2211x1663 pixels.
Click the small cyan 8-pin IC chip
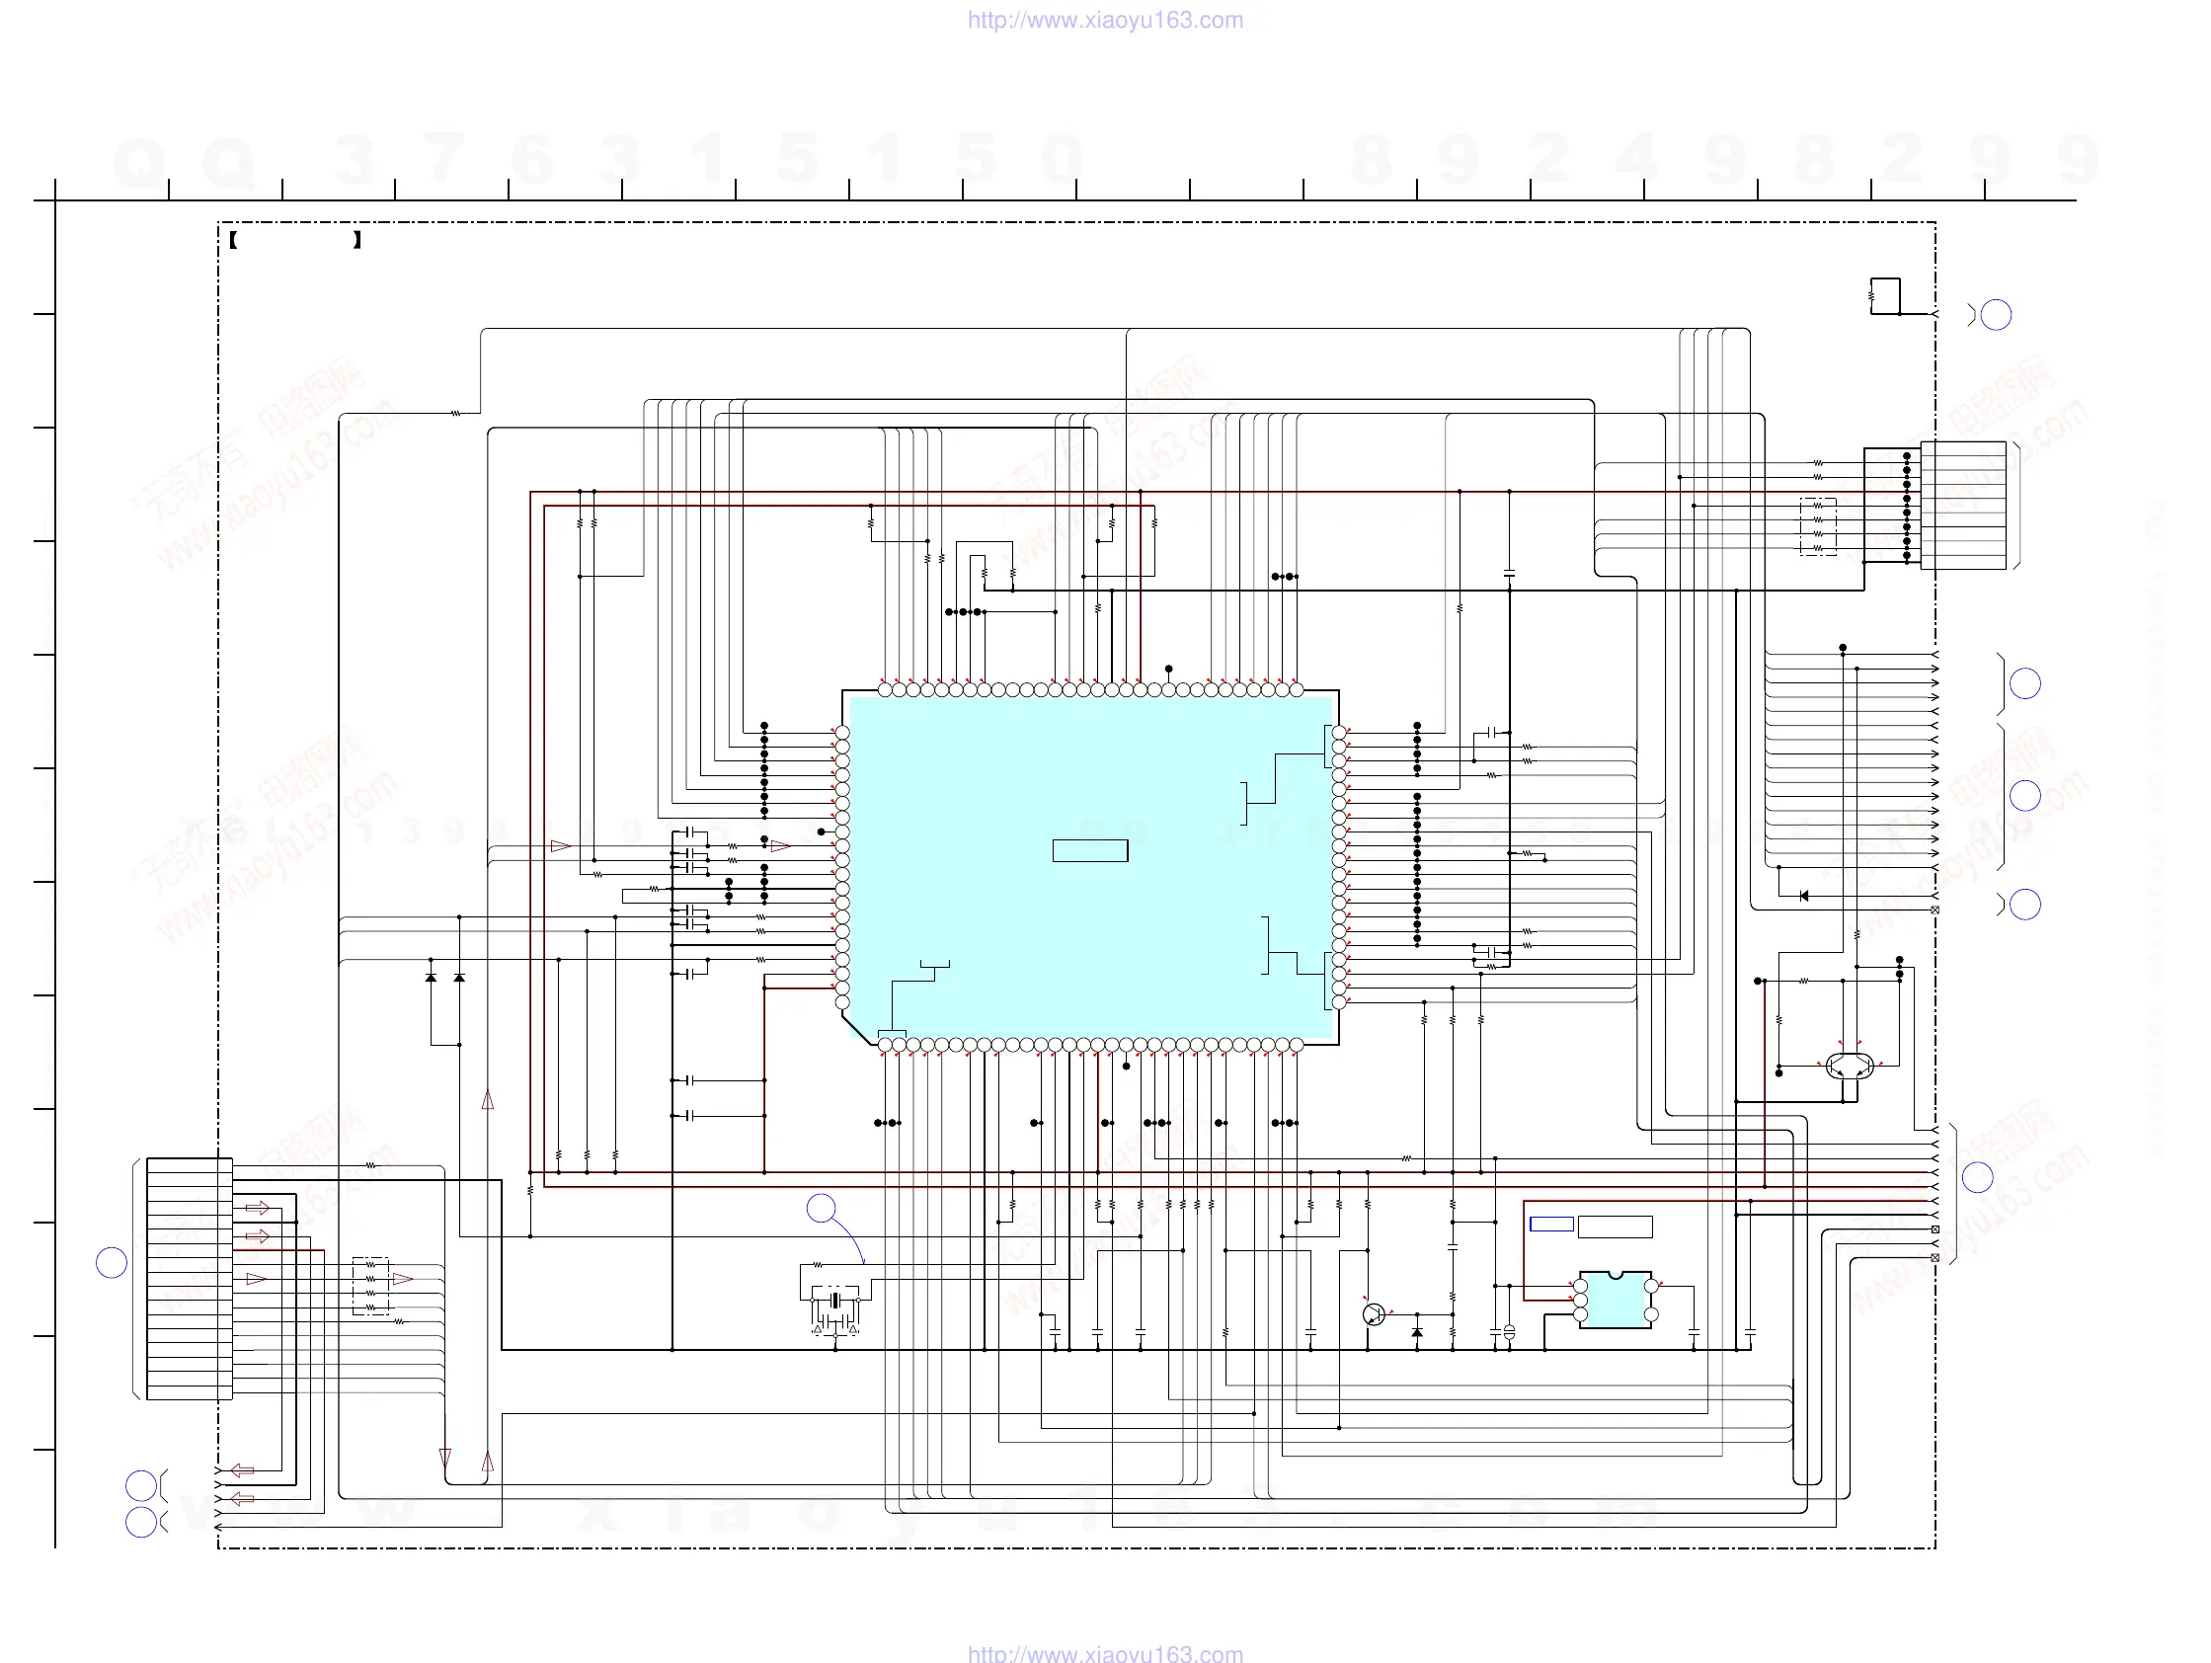click(x=1615, y=1301)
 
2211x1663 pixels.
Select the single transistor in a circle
click(x=1374, y=1314)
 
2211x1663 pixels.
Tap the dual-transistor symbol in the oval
click(x=1850, y=1066)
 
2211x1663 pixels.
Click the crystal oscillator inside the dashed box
click(x=835, y=1301)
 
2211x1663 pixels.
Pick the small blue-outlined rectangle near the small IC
click(x=1551, y=1225)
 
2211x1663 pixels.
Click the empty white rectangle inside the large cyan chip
click(x=1089, y=850)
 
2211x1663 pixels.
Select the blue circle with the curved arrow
click(x=821, y=1209)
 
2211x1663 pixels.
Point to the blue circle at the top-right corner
click(x=1996, y=315)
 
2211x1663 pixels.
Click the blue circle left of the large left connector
click(x=111, y=1263)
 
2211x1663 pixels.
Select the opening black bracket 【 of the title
click(x=233, y=240)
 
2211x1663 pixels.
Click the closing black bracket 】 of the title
click(x=356, y=240)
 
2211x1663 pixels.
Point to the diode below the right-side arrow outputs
click(x=1803, y=896)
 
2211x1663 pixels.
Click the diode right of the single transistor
click(x=1416, y=1333)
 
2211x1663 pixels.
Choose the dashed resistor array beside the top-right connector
click(x=1818, y=525)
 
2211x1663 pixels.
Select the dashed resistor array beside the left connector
click(x=371, y=1286)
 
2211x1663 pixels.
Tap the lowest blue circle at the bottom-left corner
click(x=140, y=1522)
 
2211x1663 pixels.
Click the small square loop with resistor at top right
click(x=1884, y=296)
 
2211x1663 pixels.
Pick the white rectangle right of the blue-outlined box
click(x=1615, y=1227)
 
